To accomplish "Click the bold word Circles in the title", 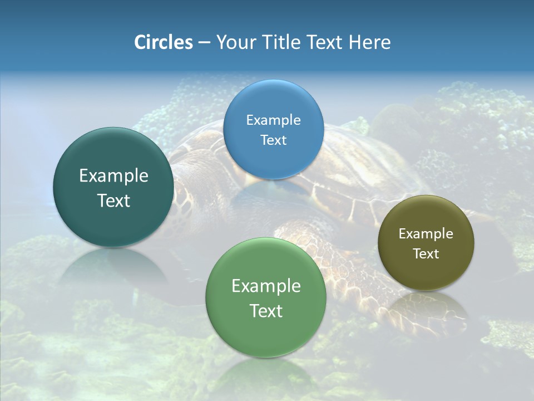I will (164, 42).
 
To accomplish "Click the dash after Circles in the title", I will (204, 43).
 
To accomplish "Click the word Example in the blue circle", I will (273, 120).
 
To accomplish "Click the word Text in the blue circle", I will (273, 140).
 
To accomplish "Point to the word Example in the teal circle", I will (113, 176).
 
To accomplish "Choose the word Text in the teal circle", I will (113, 200).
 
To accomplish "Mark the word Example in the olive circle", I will (426, 233).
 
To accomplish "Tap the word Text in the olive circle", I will (426, 253).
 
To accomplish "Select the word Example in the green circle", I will (266, 286).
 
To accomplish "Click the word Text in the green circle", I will (266, 311).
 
